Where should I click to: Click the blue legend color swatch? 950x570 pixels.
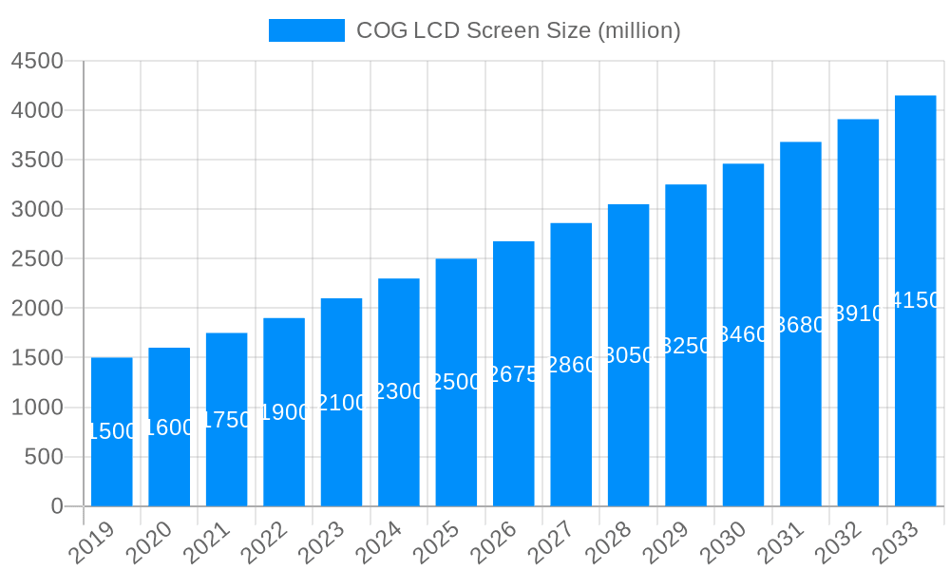coord(306,30)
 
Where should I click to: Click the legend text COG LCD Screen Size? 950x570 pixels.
coord(518,30)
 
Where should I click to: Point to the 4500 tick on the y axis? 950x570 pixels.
coord(36,61)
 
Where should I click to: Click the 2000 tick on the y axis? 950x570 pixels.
coord(36,309)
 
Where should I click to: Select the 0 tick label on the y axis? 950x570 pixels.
coord(56,506)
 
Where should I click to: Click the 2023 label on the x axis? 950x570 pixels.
coord(321,542)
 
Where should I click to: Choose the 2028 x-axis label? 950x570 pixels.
coord(608,542)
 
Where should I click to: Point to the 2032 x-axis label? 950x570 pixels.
coord(838,542)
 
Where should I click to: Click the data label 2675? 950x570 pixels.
coord(514,374)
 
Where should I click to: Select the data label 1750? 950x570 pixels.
coord(227,420)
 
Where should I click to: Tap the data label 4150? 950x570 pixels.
coord(916,301)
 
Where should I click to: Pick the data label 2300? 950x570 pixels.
coord(399,391)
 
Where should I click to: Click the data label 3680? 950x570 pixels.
coord(801,325)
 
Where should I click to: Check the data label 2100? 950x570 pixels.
coord(342,403)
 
